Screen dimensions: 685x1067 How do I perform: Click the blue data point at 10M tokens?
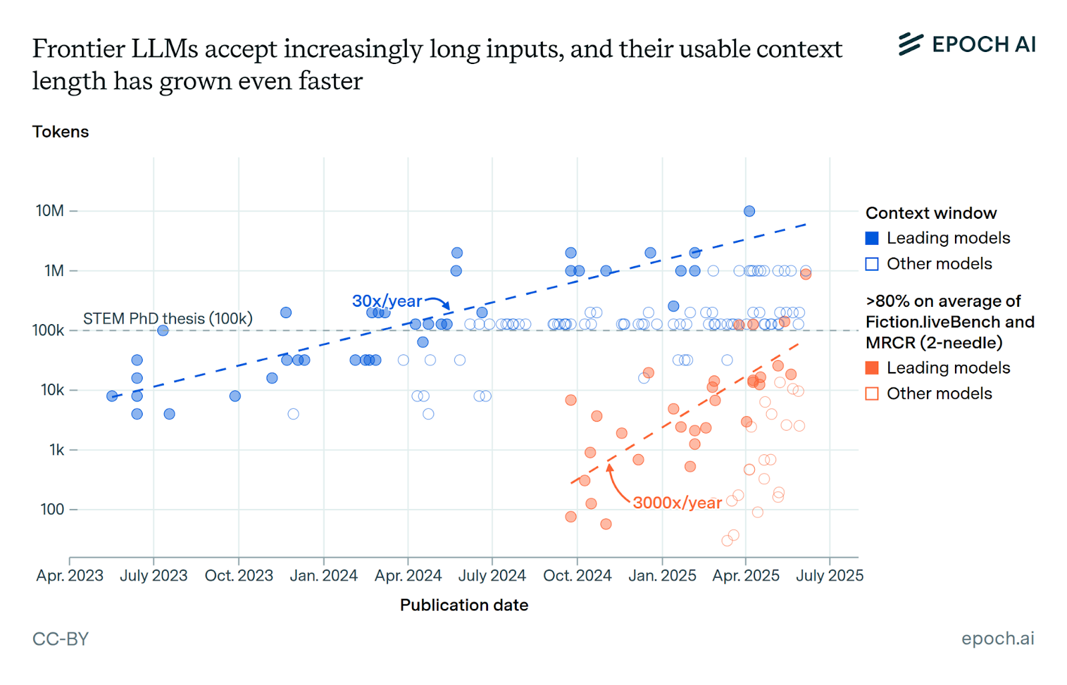pos(749,211)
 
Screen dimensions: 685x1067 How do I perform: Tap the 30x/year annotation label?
pos(387,301)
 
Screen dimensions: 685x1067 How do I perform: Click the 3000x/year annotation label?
pos(677,503)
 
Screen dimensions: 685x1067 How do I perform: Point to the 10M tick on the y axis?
pos(50,211)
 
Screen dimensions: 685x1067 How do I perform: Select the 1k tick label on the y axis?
pos(57,450)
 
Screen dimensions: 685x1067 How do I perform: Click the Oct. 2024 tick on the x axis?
pos(577,575)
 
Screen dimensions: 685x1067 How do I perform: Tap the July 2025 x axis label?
pos(829,575)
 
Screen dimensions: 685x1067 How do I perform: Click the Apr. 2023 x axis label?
pos(69,575)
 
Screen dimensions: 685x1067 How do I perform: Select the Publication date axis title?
pos(463,605)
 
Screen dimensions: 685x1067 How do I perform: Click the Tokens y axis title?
pos(60,131)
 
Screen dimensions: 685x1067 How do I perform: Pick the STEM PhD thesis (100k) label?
pos(167,319)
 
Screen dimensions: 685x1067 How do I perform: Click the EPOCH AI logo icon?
pos(910,44)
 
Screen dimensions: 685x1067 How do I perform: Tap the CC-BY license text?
pos(60,639)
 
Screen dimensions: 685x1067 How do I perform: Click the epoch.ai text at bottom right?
pos(997,638)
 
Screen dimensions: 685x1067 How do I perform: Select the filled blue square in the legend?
pos(872,238)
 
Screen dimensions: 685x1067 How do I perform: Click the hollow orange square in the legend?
pos(872,394)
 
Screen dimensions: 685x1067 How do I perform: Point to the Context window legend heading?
pos(931,213)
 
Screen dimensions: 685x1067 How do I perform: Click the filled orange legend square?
pos(872,368)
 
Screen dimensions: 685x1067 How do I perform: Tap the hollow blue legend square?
pos(872,264)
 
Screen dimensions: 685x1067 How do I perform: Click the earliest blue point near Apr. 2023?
pos(112,396)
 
